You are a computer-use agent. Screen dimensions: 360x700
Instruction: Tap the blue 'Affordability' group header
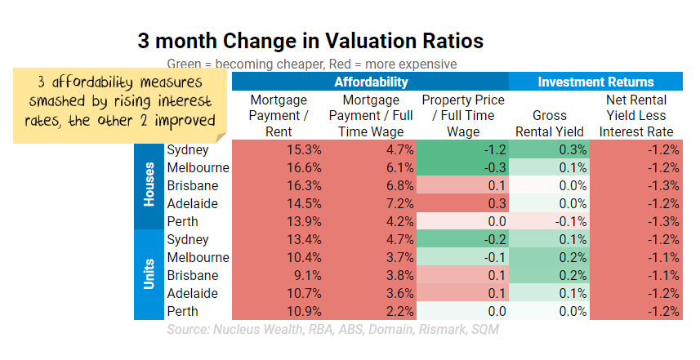coord(370,82)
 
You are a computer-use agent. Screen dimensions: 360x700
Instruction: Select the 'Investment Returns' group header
coord(595,82)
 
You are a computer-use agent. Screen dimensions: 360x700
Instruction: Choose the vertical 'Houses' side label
coord(149,185)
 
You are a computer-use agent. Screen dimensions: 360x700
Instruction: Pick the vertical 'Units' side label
coord(149,275)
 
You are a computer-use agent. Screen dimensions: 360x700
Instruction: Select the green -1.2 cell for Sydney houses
coord(461,149)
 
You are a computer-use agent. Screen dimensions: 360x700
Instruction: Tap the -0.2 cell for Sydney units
coord(461,239)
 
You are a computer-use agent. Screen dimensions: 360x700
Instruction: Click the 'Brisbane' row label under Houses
coord(193,185)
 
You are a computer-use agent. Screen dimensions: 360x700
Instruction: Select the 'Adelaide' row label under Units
coord(193,293)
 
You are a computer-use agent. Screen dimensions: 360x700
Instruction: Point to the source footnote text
coord(332,330)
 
